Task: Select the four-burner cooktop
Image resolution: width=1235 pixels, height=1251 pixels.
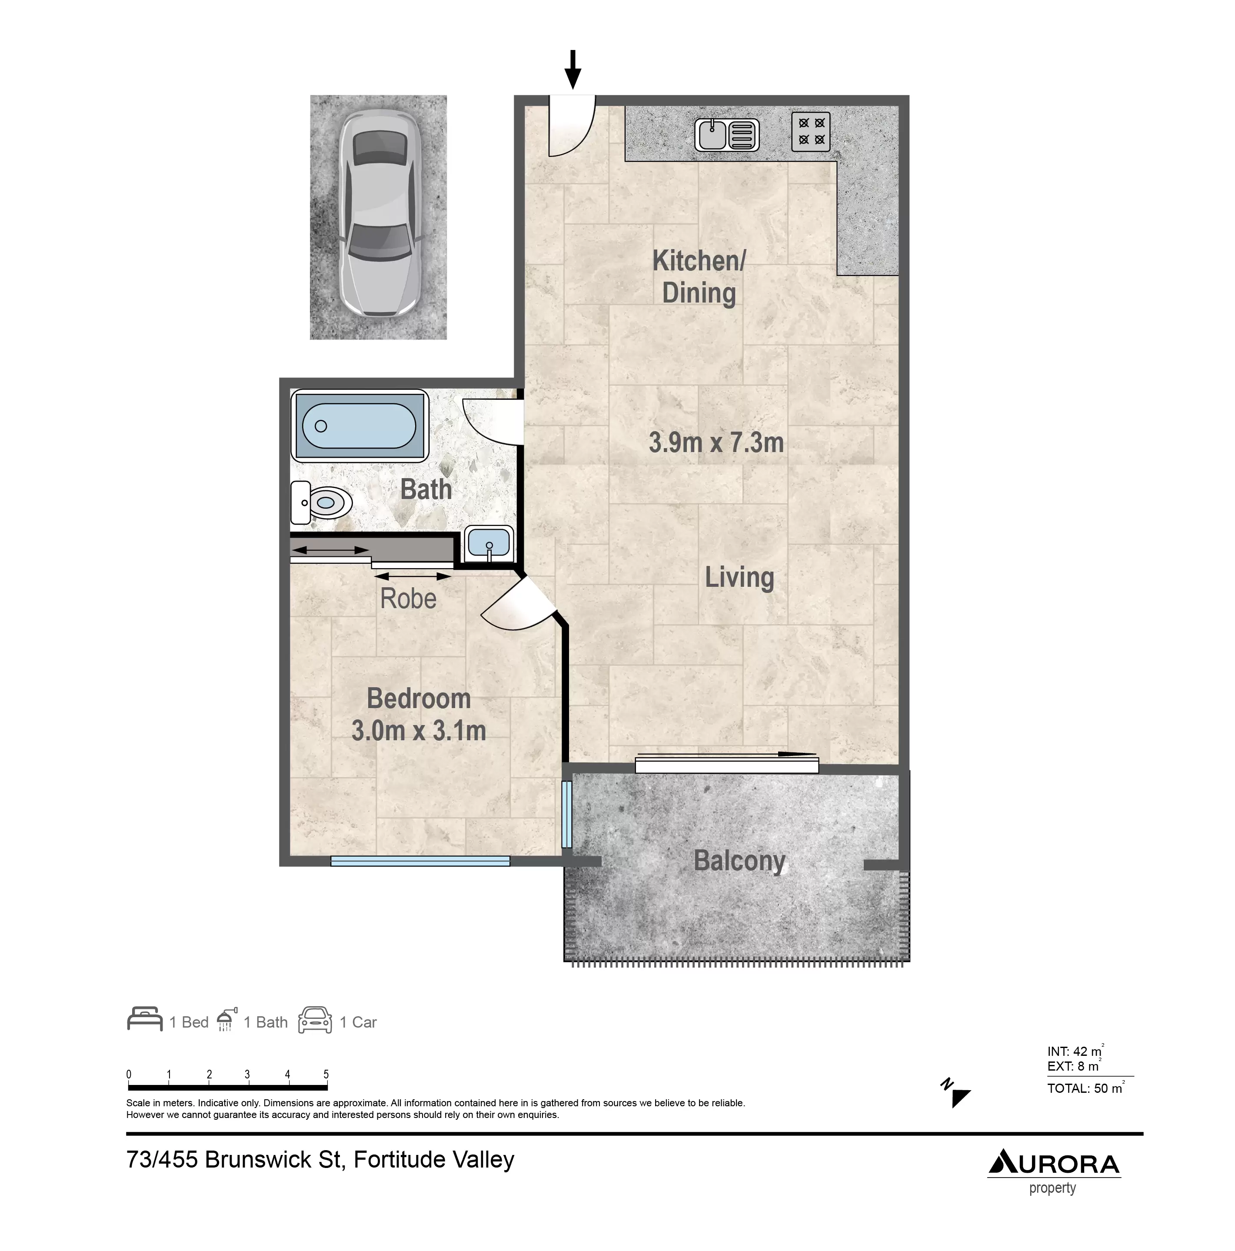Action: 811,131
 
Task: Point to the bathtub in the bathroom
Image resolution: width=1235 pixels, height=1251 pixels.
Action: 360,426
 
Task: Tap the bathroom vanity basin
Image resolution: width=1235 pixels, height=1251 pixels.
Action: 489,543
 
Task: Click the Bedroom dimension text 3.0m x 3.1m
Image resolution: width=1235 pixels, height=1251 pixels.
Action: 418,730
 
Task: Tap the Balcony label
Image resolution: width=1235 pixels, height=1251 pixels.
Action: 739,861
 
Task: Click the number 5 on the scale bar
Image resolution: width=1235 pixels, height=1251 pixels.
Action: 326,1074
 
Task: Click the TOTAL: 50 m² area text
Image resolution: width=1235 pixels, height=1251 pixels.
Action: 1085,1088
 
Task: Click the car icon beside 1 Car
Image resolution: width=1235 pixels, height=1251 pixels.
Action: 315,1019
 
